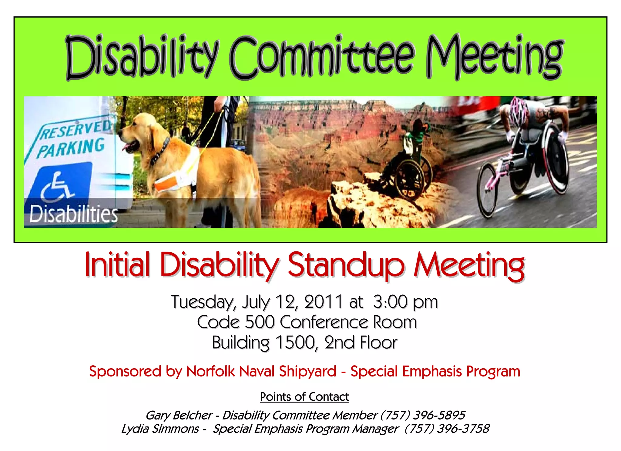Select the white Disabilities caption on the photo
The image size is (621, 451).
click(74, 214)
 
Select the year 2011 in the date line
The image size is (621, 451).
click(323, 302)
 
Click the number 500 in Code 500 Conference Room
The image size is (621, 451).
click(260, 322)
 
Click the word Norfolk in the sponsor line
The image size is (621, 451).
click(210, 371)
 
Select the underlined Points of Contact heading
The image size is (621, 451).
click(304, 397)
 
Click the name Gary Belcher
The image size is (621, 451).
click(179, 415)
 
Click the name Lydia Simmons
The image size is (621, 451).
click(160, 429)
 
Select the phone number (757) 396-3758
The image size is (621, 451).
click(447, 429)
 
